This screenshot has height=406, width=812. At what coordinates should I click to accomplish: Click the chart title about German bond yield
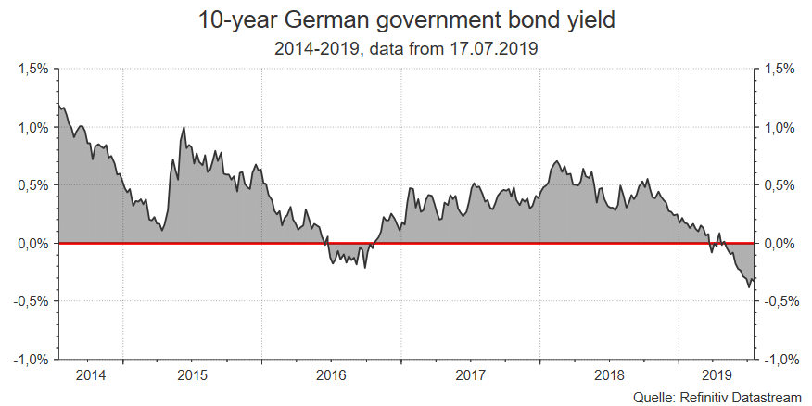406,20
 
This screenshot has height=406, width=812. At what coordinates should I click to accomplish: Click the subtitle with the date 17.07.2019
406,47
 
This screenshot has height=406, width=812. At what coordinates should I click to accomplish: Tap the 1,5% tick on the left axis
33,70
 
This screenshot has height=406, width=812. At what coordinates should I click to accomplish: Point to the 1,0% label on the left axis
33,127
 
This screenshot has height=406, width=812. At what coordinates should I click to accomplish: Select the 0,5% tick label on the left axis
33,185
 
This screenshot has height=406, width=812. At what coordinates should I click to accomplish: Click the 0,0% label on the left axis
33,243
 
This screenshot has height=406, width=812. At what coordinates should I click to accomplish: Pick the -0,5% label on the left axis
32,301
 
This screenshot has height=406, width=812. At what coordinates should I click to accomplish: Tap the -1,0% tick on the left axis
32,359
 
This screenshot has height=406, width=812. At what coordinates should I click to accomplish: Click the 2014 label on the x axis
91,375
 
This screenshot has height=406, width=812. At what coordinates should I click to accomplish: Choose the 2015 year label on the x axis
192,375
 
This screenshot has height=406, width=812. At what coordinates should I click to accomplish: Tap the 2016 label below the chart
331,375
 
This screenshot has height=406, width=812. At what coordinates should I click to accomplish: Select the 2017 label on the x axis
470,375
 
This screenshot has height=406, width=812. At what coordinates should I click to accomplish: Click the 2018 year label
609,375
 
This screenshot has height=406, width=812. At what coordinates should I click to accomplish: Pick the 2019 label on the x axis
717,375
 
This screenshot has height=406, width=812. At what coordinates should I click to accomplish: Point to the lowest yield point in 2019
749,287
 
